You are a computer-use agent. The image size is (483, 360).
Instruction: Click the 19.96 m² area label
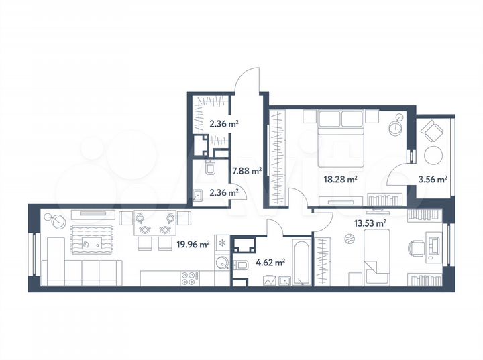[x=193, y=245]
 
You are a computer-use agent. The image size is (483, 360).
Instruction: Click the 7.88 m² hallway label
[x=246, y=170]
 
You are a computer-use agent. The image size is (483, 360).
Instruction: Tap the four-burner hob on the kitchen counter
[x=189, y=278]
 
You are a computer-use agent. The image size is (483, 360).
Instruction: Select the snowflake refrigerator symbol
[x=222, y=244]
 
